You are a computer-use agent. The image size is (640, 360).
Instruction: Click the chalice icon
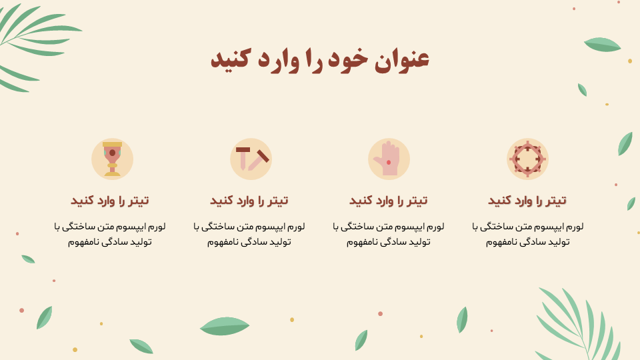pos(112,159)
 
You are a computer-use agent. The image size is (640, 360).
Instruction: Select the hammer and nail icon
pos(251,159)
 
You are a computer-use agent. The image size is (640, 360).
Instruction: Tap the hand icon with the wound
pos(389,159)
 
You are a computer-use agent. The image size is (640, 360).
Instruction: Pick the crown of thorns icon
pos(527,159)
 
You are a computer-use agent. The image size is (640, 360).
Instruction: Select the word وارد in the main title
pos(279,59)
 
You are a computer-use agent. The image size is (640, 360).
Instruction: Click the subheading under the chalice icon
pos(110,201)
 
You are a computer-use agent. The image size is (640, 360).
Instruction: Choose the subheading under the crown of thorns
pos(527,201)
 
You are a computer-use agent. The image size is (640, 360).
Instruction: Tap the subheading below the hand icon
pos(388,201)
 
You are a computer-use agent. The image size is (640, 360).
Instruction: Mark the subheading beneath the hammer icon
pos(249,201)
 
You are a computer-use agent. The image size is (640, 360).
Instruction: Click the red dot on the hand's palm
pos(389,163)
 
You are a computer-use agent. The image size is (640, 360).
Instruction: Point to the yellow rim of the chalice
pos(112,144)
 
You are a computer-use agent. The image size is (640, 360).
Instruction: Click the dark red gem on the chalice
pos(112,153)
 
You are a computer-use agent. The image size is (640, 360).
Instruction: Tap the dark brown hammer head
pos(243,149)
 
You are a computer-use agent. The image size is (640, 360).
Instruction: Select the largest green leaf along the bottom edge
pos(225,326)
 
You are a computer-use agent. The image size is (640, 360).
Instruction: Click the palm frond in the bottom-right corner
pos(579,324)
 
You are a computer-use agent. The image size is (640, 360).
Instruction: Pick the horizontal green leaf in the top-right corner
pos(603,45)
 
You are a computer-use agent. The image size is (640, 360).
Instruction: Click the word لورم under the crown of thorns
pos(574,227)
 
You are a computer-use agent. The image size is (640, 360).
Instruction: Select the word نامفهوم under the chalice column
pos(84,242)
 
